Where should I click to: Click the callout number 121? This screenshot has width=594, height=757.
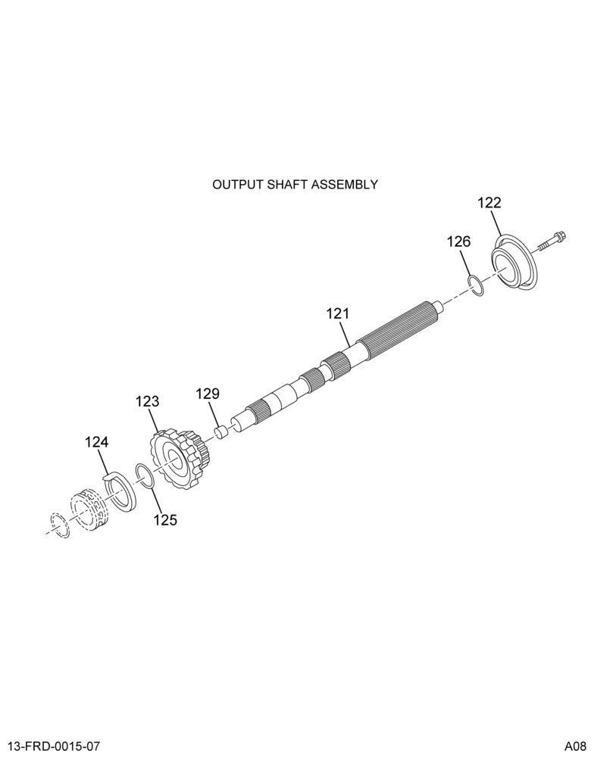[337, 314]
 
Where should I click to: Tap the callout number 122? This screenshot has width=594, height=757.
[489, 203]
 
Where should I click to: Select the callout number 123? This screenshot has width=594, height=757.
[148, 402]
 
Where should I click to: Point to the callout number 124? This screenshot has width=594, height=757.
[97, 442]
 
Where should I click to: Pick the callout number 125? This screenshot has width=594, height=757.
[165, 520]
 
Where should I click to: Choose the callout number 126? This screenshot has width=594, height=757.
[458, 241]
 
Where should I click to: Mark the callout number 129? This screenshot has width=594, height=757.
[208, 394]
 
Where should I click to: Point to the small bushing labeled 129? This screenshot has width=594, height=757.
[221, 431]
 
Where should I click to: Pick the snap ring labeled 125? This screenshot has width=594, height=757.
[145, 475]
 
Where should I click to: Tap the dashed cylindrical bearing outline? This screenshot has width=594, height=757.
[90, 509]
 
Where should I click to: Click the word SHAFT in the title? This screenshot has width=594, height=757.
[289, 185]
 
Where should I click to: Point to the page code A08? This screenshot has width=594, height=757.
[574, 746]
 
